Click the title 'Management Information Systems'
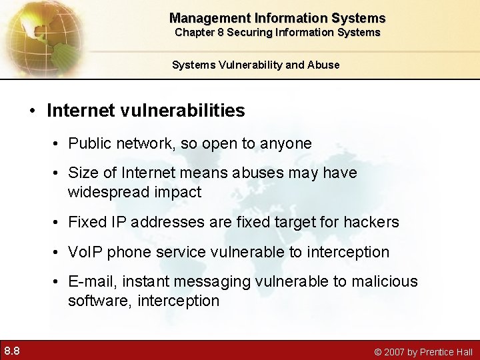[x=277, y=18]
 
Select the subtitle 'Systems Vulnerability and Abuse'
[x=255, y=65]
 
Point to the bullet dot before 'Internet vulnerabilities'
[x=33, y=110]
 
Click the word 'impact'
[x=179, y=192]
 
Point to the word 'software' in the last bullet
[x=99, y=301]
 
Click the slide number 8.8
[x=12, y=350]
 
